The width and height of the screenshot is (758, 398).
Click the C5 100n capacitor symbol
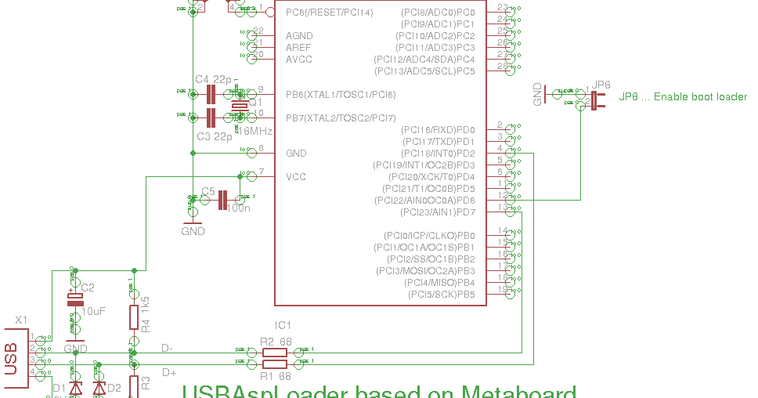223,201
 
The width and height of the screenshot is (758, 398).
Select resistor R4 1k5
134,317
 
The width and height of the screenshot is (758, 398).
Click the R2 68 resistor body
274,353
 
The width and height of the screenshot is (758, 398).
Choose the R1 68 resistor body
274,364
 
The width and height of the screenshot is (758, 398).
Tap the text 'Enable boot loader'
700,97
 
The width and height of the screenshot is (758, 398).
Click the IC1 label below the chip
283,324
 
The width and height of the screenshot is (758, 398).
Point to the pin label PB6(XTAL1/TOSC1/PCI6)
341,95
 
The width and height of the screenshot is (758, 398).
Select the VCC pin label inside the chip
296,177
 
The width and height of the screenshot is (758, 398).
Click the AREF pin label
298,48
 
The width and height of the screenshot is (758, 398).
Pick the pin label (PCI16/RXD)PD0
438,130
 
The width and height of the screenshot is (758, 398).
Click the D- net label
168,347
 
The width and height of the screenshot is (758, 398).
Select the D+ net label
169,373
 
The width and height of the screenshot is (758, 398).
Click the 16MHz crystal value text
254,131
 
